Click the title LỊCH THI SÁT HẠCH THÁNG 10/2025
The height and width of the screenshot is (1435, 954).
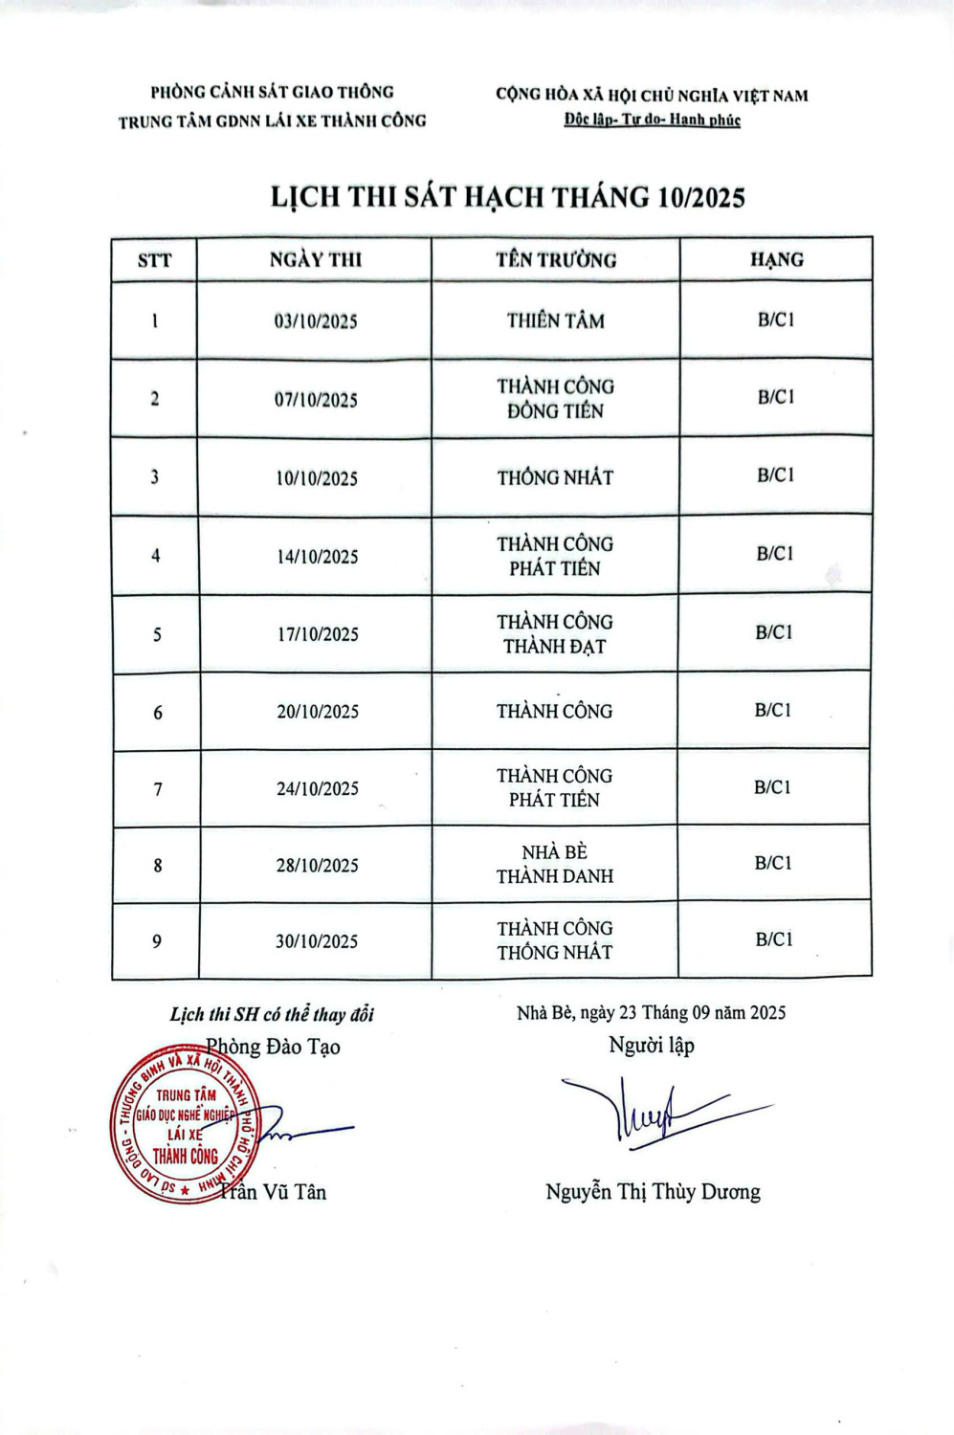point(507,197)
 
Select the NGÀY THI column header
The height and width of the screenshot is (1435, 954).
point(316,260)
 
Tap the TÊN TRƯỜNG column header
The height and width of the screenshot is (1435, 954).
point(556,260)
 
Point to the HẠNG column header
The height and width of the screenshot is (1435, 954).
point(776,259)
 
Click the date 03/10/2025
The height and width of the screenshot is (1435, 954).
point(316,321)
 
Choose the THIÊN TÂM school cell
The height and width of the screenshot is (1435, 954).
point(556,320)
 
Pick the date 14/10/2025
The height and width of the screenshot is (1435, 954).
point(318,557)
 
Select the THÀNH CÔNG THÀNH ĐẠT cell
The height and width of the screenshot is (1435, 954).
point(555,634)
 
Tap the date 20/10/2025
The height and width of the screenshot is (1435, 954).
point(318,712)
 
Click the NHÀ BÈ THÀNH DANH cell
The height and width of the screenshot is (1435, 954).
point(555,864)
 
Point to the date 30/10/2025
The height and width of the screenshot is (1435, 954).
point(317,941)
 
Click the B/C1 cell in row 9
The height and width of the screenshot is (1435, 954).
point(774,939)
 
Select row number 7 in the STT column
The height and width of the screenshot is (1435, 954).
point(158,789)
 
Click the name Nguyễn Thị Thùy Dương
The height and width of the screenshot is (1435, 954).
point(653,1192)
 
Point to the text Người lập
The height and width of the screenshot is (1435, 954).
point(652,1046)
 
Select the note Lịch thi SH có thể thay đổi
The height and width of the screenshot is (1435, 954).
point(272,1014)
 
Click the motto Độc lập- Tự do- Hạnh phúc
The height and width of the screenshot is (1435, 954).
point(653,121)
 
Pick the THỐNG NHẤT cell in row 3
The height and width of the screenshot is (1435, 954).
point(555,477)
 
